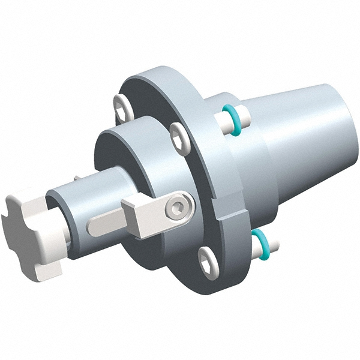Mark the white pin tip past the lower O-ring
click(274, 245)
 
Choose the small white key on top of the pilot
click(80, 178)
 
